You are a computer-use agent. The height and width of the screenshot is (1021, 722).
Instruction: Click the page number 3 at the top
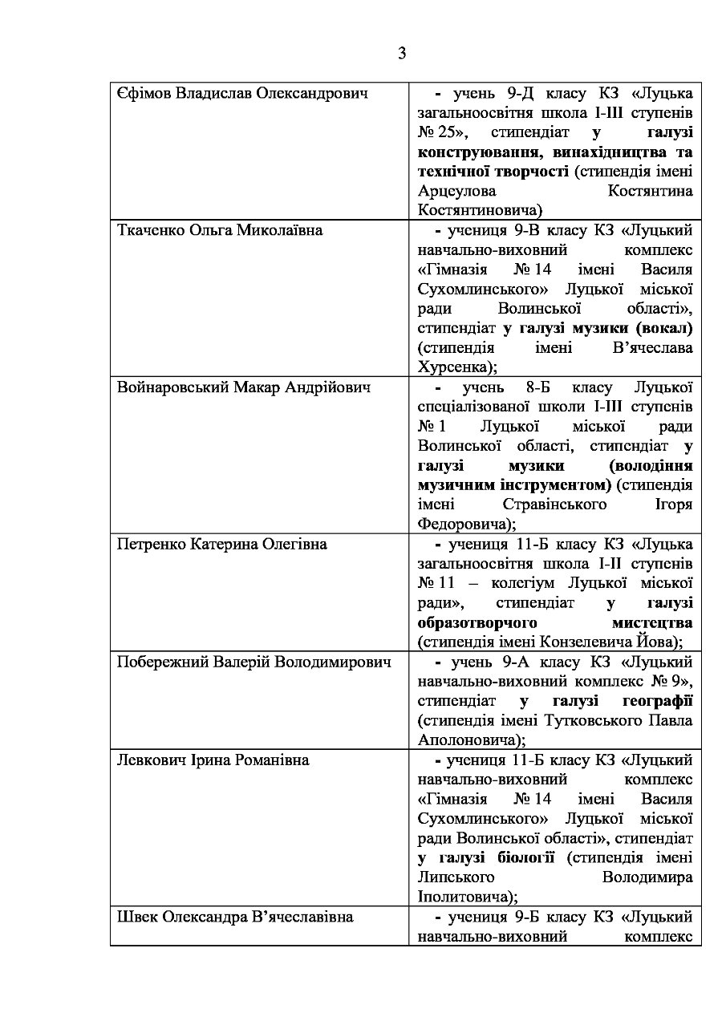pos(401,54)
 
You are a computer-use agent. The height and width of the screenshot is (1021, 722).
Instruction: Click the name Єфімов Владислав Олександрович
pos(242,94)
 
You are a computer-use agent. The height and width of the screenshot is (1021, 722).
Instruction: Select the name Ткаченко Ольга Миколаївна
pos(220,231)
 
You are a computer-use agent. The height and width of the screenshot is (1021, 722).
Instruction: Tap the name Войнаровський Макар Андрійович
pos(244,387)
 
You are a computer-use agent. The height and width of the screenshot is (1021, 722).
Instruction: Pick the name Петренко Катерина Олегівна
pos(222,545)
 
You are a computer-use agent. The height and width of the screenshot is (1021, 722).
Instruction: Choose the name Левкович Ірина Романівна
pos(213,760)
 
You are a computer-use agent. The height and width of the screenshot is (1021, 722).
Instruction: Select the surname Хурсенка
pos(456,367)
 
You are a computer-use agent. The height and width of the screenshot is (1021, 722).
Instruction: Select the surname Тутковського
pos(579,719)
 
